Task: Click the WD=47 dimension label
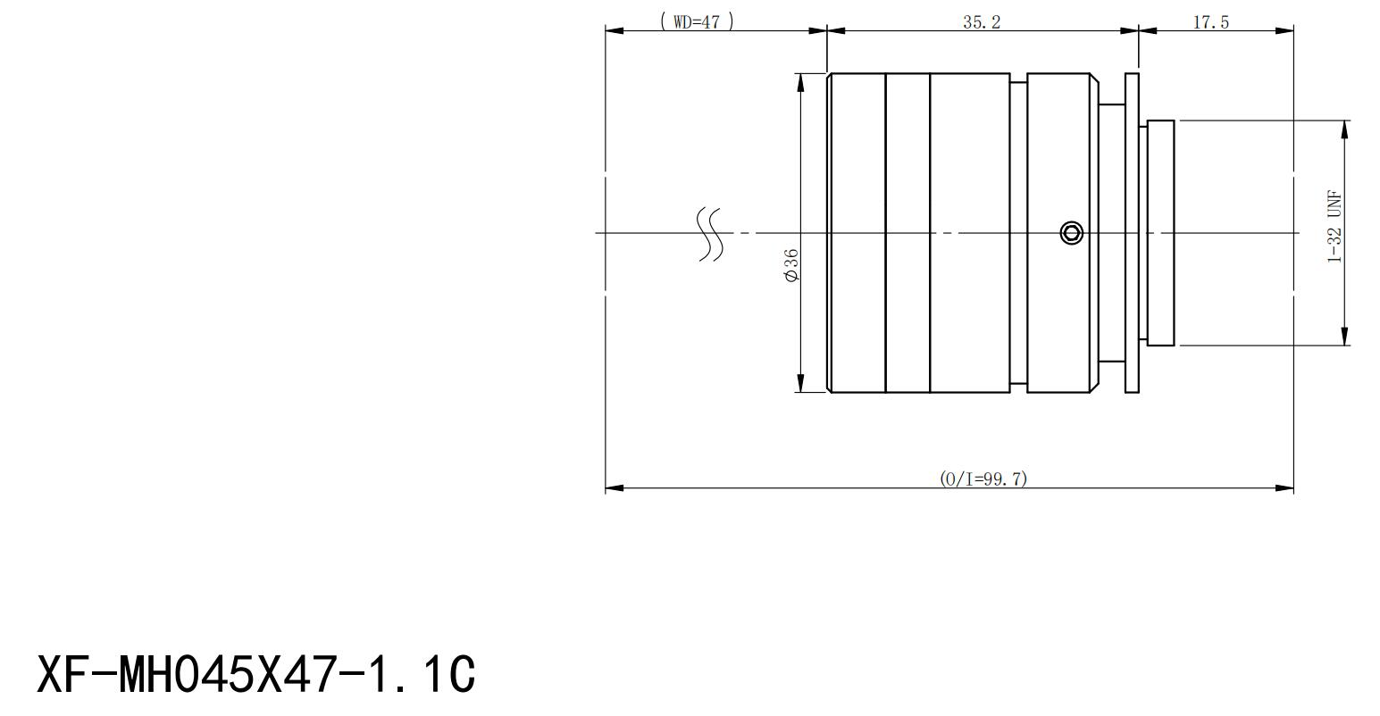point(697,22)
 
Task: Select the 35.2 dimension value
point(982,22)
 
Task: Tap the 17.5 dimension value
point(1210,22)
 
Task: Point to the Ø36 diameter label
point(791,265)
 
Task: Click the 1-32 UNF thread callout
point(1334,227)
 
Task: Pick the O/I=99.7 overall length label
point(983,479)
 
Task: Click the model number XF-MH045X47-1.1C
point(256,675)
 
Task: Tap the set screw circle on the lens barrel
point(1072,233)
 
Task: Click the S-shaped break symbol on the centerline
point(709,234)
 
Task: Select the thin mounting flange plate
point(1132,233)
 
